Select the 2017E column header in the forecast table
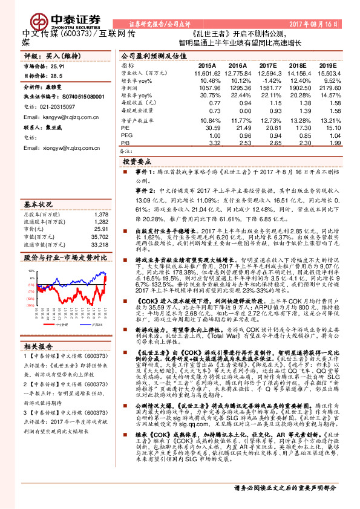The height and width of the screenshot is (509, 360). [268, 65]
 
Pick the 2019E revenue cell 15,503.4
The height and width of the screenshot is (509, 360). [324, 73]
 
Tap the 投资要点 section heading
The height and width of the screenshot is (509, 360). [138, 162]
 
